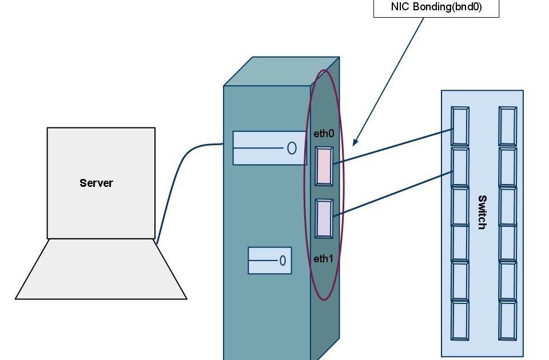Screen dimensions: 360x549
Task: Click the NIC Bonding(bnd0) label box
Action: (x=436, y=8)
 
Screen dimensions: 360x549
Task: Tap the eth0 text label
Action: (x=323, y=134)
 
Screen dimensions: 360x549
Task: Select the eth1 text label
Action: (x=323, y=258)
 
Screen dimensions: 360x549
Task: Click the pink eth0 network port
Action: (x=324, y=166)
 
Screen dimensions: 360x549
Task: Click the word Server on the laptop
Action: (x=96, y=183)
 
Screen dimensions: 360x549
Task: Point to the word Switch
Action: (x=482, y=212)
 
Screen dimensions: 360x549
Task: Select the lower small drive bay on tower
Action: (x=269, y=261)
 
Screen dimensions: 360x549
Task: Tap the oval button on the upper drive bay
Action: (x=292, y=149)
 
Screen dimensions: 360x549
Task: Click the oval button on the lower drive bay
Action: (x=283, y=261)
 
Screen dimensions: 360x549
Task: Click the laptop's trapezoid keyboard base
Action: (x=101, y=269)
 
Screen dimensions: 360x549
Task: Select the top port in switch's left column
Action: (x=460, y=126)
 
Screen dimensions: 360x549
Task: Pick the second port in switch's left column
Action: (x=460, y=166)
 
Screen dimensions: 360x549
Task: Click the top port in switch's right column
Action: (x=507, y=126)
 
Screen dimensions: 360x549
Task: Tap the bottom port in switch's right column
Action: (x=507, y=320)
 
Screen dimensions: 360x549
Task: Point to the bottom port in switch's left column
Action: (x=460, y=320)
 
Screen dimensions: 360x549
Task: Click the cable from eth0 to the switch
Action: (x=395, y=146)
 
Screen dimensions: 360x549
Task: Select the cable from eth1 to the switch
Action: (x=395, y=193)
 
